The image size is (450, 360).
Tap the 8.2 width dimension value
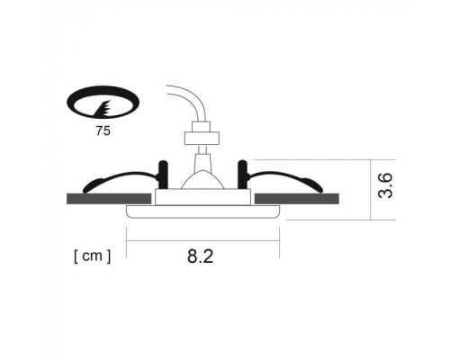coord(200,256)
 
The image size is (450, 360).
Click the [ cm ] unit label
coord(92,256)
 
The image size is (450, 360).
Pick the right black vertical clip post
coord(241,173)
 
